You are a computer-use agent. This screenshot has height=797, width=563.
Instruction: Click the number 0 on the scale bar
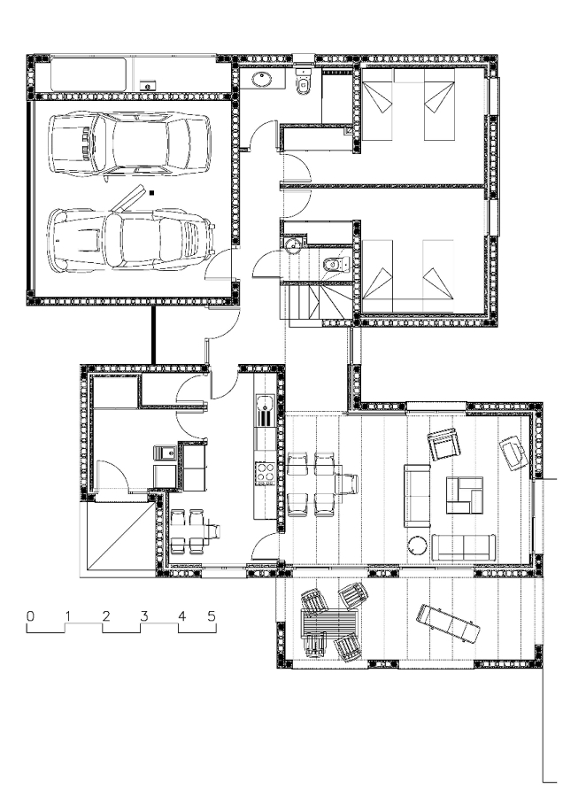30,616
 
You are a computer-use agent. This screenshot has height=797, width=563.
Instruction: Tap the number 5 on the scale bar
212,616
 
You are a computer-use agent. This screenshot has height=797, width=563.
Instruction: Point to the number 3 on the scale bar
143,616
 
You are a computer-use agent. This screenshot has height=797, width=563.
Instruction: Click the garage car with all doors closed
129,146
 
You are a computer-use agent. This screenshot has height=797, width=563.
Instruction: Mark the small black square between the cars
151,193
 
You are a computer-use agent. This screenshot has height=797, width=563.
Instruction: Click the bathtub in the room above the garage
89,74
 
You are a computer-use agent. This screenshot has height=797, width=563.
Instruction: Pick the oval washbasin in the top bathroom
263,79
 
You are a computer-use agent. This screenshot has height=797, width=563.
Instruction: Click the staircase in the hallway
315,302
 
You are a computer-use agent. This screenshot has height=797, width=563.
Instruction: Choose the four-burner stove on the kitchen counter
264,472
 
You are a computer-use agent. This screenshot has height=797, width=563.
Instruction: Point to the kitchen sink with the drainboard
264,411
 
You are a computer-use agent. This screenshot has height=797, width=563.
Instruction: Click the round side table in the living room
418,546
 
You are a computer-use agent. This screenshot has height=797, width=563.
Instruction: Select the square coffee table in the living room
464,494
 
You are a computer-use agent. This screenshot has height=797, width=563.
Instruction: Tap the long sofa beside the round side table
465,547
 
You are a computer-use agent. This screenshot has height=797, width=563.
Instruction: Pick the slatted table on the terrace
330,623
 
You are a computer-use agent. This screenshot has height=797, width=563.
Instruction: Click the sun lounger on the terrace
448,623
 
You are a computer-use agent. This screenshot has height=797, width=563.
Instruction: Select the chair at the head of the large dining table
348,484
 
